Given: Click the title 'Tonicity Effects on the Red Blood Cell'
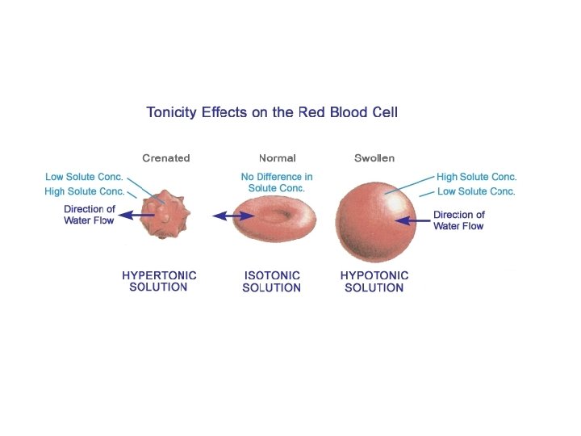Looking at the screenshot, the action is point(272,111).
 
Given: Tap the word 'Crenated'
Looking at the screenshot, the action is point(165,158).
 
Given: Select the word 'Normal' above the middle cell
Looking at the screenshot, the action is point(277,158).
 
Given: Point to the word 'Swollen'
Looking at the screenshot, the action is point(374,158).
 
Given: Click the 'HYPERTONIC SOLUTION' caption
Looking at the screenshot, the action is point(159,281).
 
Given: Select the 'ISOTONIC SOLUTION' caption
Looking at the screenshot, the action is point(272,281).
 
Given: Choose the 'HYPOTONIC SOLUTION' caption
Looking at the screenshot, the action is point(374,281).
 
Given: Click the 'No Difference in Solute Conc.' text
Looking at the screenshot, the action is point(277,182).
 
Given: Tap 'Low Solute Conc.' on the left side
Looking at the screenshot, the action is point(84,177).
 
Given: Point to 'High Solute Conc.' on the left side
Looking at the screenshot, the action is point(85,191).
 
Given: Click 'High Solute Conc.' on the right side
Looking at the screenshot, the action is point(476,177).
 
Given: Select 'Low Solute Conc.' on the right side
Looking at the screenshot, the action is point(475,191).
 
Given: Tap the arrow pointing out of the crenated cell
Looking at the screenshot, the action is point(136,215).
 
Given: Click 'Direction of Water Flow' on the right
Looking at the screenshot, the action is point(458,220).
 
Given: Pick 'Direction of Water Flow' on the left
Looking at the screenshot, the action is point(90,215).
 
